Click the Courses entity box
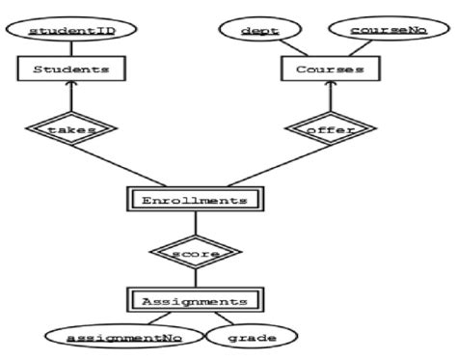(x=329, y=69)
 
